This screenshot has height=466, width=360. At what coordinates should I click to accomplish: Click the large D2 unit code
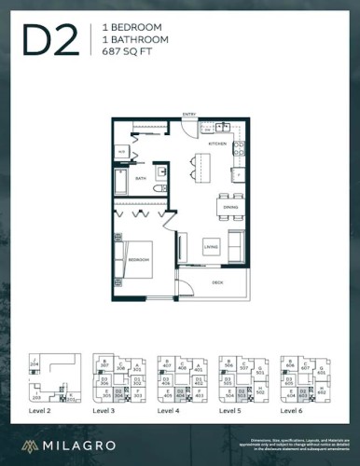tap(52, 41)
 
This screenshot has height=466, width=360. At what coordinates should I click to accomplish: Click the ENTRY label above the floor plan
tap(188, 114)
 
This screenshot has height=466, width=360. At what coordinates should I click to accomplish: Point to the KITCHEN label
tap(217, 144)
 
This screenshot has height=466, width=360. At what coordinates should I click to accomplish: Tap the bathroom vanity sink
tap(160, 173)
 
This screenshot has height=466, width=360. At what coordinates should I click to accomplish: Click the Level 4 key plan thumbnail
tap(178, 380)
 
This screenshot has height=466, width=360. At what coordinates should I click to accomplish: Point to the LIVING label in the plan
tap(211, 246)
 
